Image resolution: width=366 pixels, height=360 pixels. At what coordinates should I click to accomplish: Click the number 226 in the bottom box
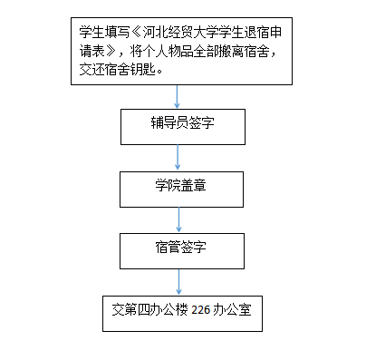click(201, 310)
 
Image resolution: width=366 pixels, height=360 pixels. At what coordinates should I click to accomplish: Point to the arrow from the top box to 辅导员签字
click(177, 97)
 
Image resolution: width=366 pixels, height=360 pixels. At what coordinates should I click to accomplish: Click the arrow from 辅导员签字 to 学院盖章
click(178, 158)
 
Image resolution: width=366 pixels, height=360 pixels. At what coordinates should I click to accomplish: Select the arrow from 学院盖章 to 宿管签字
click(178, 219)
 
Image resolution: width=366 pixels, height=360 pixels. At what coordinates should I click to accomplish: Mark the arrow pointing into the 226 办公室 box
click(178, 282)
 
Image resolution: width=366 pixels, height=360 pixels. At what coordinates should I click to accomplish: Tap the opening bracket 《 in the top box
click(136, 33)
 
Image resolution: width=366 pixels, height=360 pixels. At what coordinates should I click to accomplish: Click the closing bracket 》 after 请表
click(111, 52)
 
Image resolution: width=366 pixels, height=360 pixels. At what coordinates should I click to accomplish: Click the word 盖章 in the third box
click(193, 185)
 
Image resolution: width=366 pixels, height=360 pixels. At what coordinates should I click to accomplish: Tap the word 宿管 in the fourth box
click(168, 247)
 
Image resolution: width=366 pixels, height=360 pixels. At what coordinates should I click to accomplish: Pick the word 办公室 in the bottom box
click(232, 310)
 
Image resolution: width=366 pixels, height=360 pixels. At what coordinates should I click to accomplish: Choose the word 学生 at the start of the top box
click(91, 33)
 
